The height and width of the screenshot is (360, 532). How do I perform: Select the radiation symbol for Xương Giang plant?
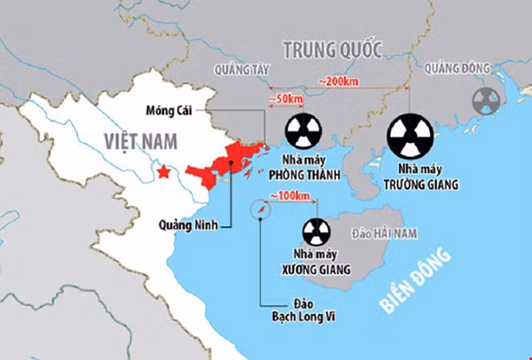[317, 232]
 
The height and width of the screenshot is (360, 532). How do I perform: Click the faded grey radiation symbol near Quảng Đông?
[485, 100]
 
